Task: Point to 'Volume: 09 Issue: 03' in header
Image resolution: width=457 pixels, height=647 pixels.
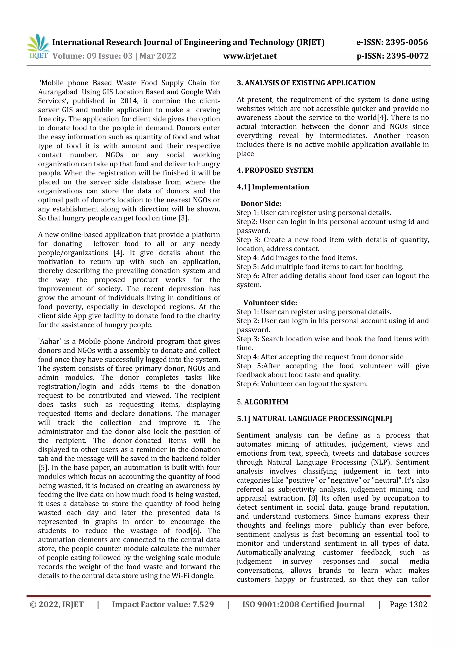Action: [92, 56]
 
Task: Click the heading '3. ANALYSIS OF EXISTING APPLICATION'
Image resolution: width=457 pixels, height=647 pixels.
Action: [306, 83]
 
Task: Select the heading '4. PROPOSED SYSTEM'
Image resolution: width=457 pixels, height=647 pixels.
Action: [275, 170]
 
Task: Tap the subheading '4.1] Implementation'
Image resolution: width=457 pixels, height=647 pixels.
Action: [273, 187]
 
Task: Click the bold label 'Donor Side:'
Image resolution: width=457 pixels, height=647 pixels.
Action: [261, 203]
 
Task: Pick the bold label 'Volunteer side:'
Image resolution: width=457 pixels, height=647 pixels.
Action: [270, 303]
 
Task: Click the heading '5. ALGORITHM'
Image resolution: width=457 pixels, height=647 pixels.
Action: [262, 402]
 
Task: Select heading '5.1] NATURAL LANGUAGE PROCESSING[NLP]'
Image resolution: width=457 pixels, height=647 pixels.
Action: [314, 419]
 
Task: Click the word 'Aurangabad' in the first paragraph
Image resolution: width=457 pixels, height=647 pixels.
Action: [58, 92]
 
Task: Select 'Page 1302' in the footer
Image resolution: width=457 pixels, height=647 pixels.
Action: [408, 604]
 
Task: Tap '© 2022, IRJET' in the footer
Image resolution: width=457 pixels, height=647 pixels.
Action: [57, 604]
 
